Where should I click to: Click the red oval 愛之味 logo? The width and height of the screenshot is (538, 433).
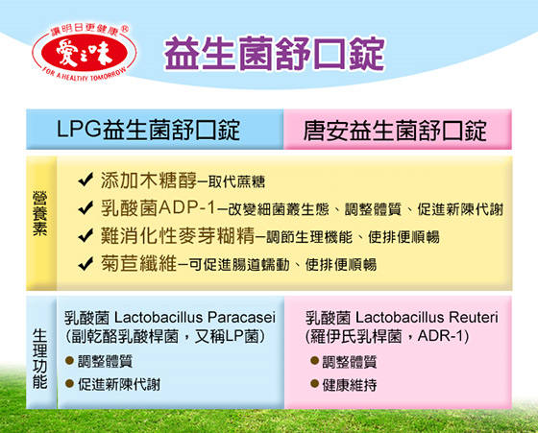(x=85, y=54)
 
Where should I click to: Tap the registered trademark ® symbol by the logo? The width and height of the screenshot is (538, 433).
(x=126, y=29)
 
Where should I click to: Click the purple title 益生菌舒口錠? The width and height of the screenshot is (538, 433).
(x=275, y=54)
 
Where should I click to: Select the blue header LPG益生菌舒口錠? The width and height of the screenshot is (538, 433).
(x=148, y=130)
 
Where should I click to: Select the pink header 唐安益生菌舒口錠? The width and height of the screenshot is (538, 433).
(x=395, y=131)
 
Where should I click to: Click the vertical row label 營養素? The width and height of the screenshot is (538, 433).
(x=40, y=213)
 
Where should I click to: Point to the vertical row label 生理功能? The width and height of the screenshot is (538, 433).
(x=40, y=359)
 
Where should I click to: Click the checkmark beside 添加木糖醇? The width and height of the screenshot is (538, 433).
(x=86, y=179)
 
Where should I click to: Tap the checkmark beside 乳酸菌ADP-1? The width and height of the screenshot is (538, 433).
(x=86, y=207)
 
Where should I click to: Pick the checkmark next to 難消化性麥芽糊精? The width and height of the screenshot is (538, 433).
(x=86, y=235)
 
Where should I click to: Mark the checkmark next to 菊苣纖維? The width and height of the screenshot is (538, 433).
(x=86, y=263)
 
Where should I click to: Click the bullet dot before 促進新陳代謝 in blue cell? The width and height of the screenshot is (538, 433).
(x=69, y=383)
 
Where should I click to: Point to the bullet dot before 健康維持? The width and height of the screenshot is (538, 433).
(x=314, y=383)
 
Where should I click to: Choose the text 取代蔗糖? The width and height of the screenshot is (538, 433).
(x=236, y=181)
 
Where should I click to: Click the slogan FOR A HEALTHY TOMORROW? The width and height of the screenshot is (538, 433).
(x=85, y=75)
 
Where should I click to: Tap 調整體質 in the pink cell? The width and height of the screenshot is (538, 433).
(x=350, y=362)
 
